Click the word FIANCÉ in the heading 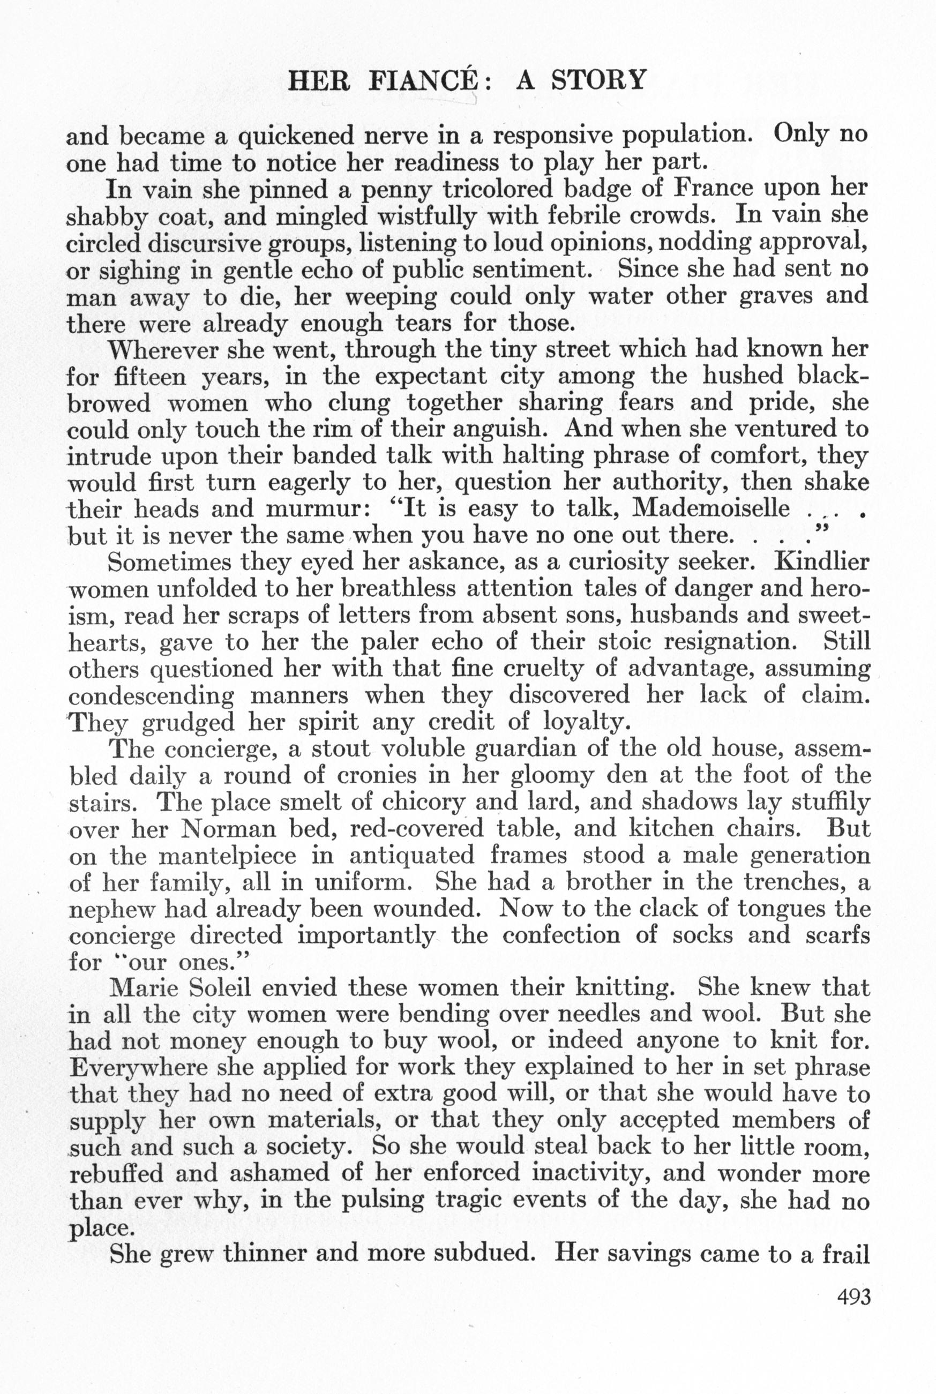(x=423, y=80)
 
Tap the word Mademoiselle (x=710, y=508)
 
